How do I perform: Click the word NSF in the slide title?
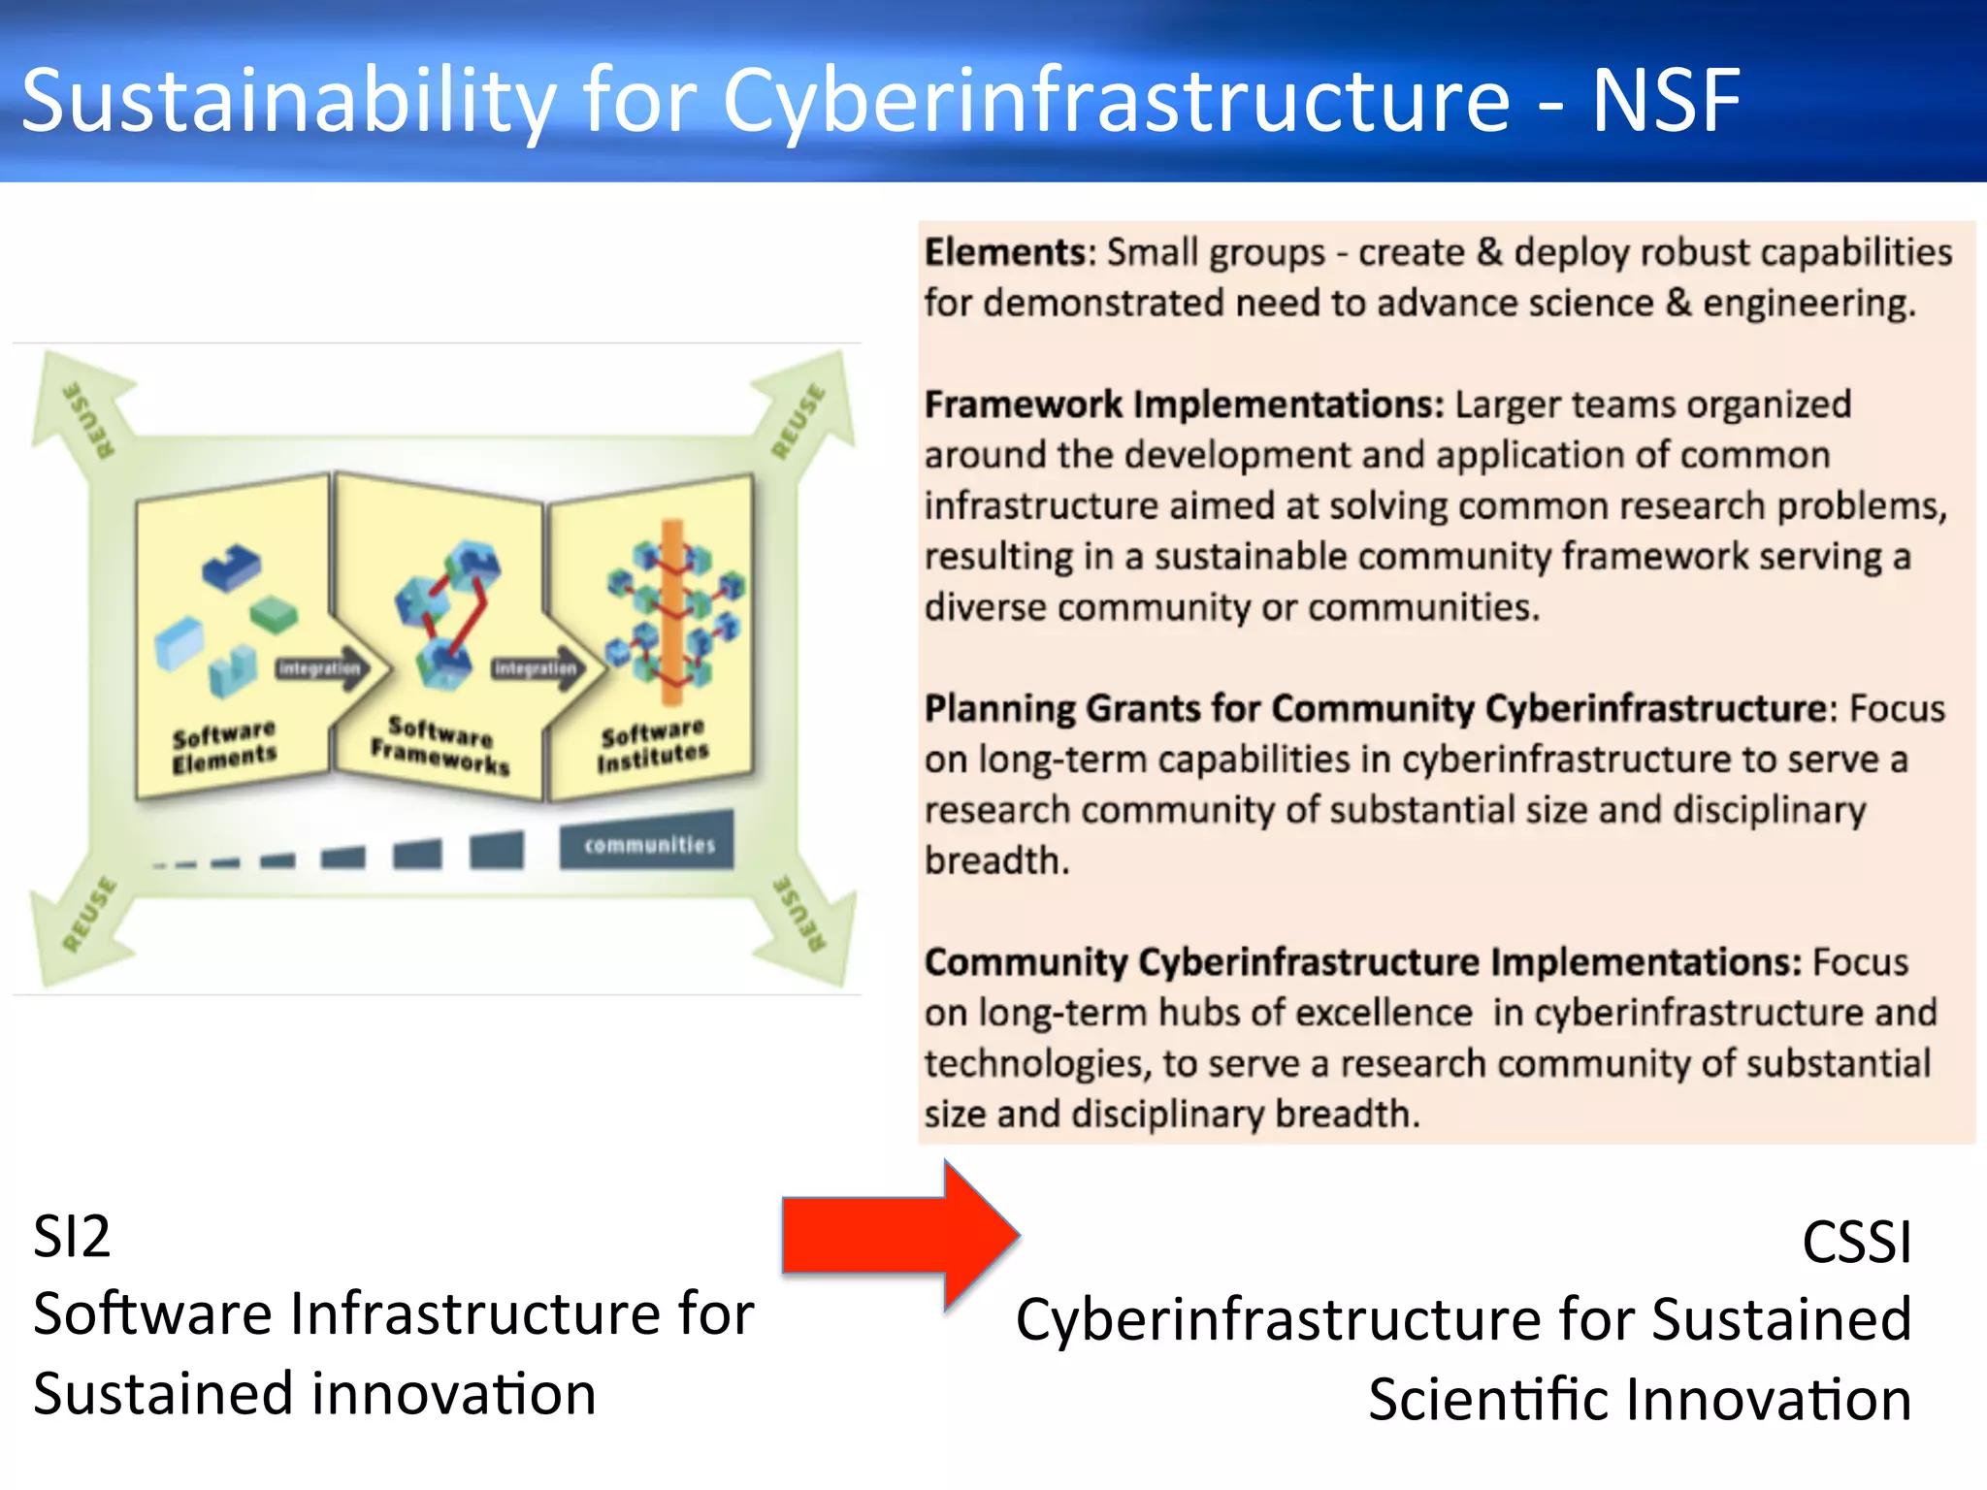tap(1666, 100)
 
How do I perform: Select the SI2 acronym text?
tap(72, 1237)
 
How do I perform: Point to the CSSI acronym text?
tap(1856, 1243)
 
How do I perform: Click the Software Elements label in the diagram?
tap(224, 746)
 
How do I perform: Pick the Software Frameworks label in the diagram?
tap(440, 744)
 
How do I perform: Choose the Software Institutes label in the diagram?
tap(652, 745)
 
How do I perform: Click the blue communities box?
tap(648, 842)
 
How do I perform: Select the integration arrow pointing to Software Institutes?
tap(537, 668)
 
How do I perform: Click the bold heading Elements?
tap(1008, 252)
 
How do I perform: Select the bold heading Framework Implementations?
tap(1183, 405)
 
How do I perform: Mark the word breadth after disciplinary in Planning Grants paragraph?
tap(996, 860)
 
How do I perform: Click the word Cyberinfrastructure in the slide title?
tap(1116, 102)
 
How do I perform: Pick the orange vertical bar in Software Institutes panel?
tap(671, 611)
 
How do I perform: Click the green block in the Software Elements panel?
tap(273, 613)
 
